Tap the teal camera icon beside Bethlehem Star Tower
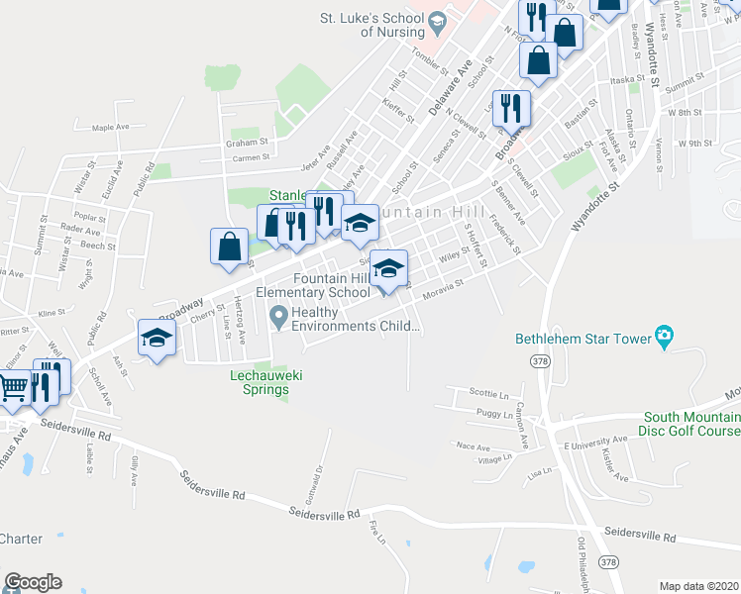pos(665,338)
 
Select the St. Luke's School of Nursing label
pos(386,24)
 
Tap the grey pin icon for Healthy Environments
pos(279,318)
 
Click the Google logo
pos(32,582)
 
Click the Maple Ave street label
pos(110,128)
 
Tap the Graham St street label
pos(241,143)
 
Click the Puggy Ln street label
pos(494,415)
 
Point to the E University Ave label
pos(595,439)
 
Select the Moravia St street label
pos(443,289)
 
